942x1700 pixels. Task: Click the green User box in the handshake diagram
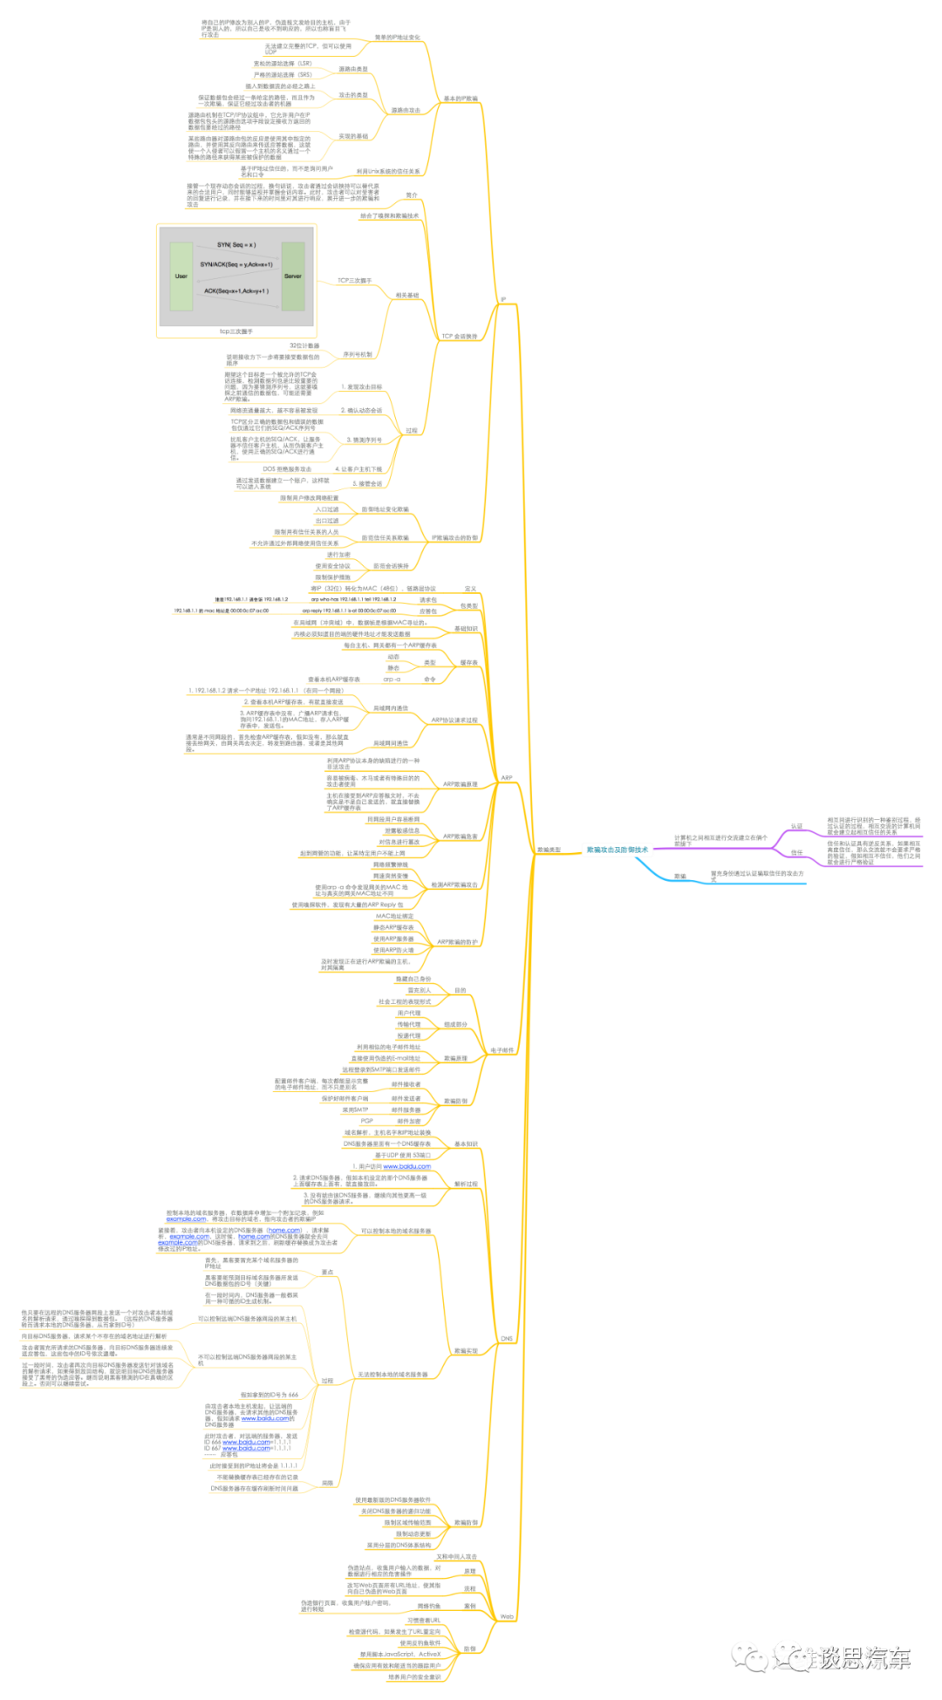click(181, 277)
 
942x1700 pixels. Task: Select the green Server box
click(293, 277)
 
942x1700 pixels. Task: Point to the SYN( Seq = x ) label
click(236, 245)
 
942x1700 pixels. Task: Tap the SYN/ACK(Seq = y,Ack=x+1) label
click(236, 264)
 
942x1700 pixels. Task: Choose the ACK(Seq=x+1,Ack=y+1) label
click(236, 291)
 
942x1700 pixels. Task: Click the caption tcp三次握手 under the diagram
click(236, 331)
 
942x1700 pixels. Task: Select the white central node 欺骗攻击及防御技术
click(618, 850)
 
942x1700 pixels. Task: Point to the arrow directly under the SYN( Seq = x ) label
click(236, 253)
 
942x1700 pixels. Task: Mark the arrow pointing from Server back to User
click(236, 275)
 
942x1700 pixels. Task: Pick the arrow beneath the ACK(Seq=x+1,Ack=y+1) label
click(236, 301)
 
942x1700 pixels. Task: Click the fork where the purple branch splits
click(775, 846)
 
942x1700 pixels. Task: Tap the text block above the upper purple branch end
click(873, 823)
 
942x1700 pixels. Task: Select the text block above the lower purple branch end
click(873, 851)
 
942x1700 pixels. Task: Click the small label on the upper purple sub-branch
click(796, 825)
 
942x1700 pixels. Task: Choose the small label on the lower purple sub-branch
click(796, 851)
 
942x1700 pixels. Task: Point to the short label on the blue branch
click(680, 876)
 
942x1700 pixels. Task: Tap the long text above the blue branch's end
click(757, 873)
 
